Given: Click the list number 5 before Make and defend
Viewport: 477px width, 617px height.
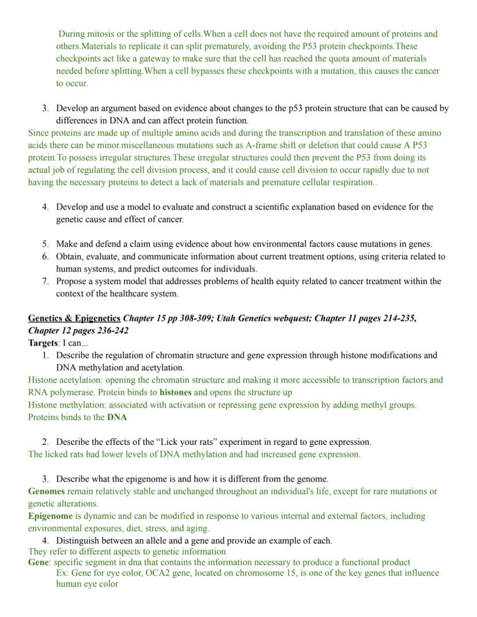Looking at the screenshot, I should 45,244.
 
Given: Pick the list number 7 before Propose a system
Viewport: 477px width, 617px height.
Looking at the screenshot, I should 45,281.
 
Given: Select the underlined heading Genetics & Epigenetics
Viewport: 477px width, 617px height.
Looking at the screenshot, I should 74,318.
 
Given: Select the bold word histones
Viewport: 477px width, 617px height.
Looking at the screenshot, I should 175,392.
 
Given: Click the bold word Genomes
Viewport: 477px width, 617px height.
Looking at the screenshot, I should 46,491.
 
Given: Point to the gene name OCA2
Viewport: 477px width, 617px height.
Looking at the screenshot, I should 158,573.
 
